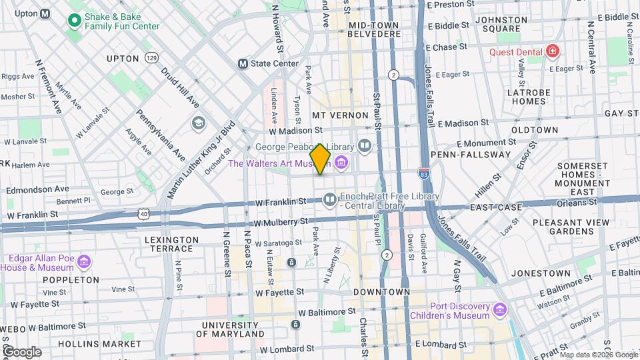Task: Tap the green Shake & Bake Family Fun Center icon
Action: [x=75, y=21]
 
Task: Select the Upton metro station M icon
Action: [x=45, y=13]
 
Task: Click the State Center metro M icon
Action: [x=243, y=63]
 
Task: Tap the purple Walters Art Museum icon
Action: [x=341, y=163]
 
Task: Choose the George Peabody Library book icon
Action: [x=364, y=145]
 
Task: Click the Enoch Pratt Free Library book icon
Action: [x=329, y=199]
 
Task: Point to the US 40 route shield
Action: [x=143, y=213]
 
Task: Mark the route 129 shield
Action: [x=153, y=58]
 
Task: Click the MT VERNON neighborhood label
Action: [x=340, y=115]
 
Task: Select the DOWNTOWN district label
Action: [x=381, y=292]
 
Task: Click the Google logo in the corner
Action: [x=21, y=351]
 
